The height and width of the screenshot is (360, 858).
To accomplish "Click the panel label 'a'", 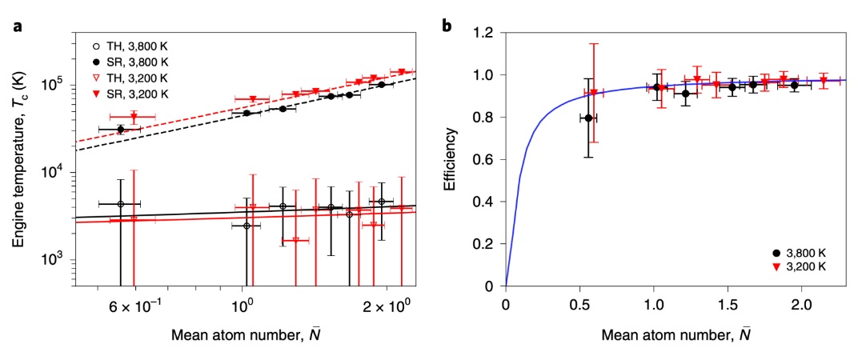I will click(x=17, y=26).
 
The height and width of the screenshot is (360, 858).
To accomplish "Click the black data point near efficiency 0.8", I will click(x=589, y=118).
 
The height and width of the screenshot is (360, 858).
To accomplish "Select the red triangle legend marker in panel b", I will click(x=776, y=266).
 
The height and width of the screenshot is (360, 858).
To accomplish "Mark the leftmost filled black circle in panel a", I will click(x=120, y=129).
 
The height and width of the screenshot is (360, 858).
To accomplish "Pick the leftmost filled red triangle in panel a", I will click(x=134, y=117).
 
